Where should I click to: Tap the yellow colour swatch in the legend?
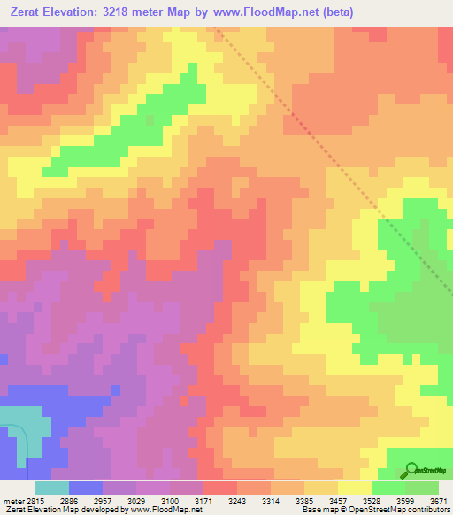tap(355, 488)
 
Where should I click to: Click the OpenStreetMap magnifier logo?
tap(411, 470)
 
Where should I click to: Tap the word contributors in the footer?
tap(427, 509)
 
